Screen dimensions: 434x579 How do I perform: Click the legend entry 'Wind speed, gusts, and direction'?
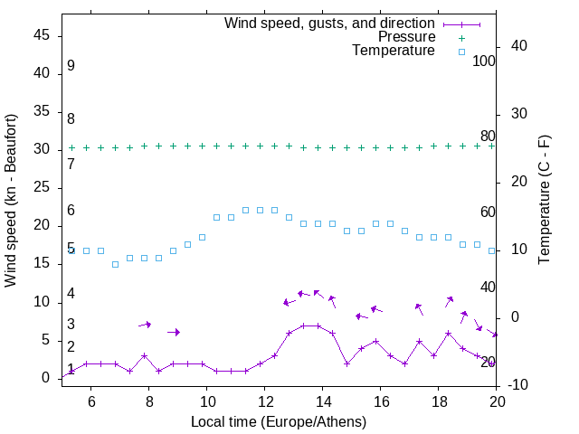tap(330, 23)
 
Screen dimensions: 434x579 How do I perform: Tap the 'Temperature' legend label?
tap(394, 52)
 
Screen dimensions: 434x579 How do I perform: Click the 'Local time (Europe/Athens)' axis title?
tap(279, 421)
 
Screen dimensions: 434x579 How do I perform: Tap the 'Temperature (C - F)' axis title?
tap(544, 201)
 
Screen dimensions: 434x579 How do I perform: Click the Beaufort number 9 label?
tap(71, 66)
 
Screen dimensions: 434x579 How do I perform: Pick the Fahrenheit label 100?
tap(484, 61)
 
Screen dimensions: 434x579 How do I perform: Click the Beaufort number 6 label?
tap(71, 211)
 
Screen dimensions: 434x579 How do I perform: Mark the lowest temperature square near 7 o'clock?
tap(115, 264)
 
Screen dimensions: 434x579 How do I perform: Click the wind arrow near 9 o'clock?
tap(174, 333)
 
